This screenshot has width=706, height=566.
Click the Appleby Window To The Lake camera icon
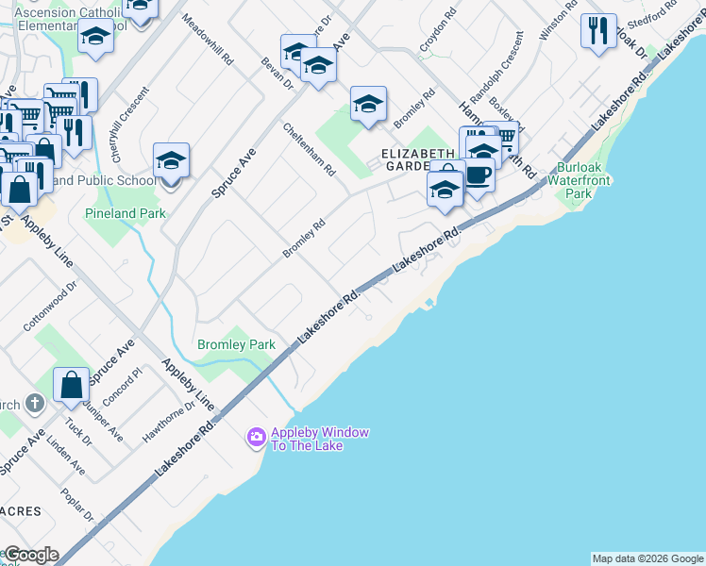click(256, 438)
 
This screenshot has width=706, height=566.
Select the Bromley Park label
click(236, 344)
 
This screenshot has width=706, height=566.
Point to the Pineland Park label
click(125, 213)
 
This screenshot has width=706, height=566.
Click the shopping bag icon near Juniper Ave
click(72, 385)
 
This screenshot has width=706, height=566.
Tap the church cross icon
click(34, 405)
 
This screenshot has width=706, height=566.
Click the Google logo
click(30, 555)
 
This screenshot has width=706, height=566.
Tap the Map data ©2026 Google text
click(647, 558)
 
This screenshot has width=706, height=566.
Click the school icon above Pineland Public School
click(171, 160)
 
